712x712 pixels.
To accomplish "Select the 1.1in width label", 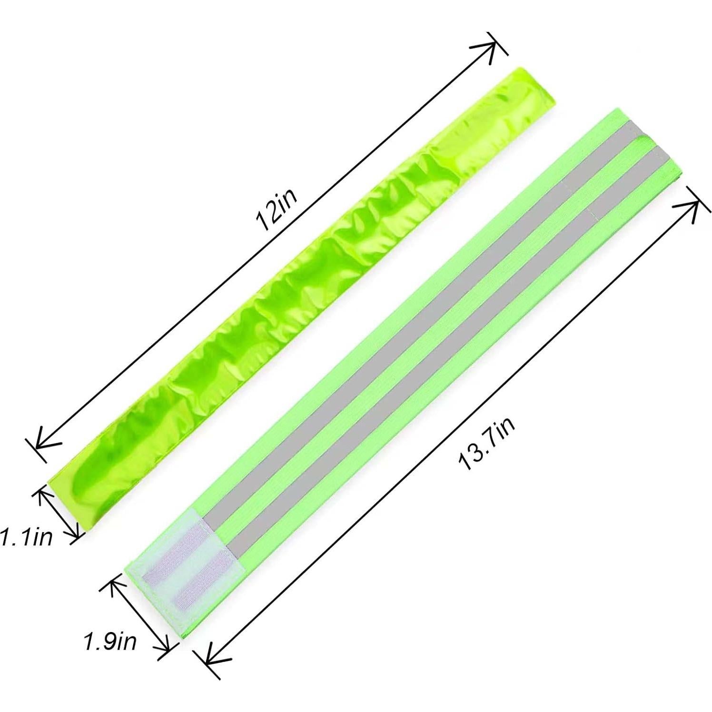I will tap(26, 538).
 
